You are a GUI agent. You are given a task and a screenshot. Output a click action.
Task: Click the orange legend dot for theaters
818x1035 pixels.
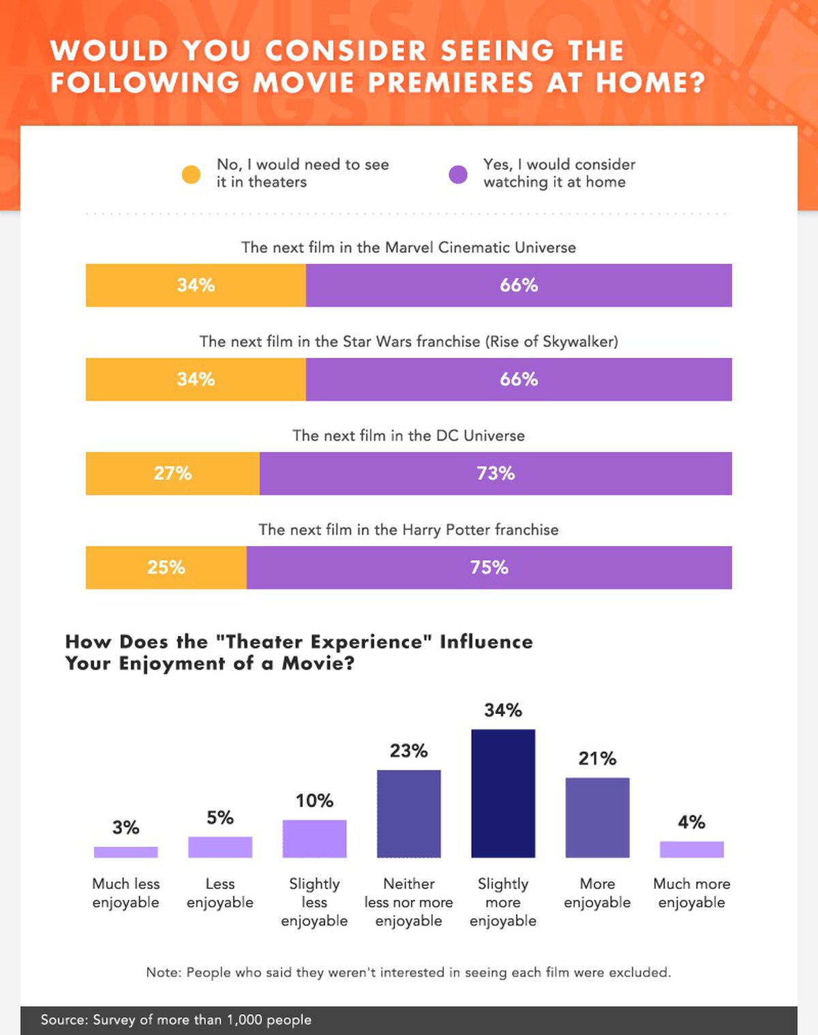click(192, 175)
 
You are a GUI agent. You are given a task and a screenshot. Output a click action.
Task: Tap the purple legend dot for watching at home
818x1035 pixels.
click(458, 175)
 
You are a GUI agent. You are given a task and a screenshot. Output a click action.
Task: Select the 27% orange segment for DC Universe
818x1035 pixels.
click(172, 473)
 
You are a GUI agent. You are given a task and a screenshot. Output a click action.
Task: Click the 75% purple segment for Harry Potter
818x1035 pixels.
click(489, 567)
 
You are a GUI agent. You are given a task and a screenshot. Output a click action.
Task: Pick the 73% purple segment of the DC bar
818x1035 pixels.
click(496, 473)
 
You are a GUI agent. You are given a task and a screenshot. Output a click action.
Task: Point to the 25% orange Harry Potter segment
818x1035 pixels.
click(166, 567)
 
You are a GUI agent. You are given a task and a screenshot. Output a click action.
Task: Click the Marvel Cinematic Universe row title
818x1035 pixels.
click(408, 247)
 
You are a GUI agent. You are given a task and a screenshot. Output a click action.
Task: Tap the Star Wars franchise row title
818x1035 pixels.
click(408, 342)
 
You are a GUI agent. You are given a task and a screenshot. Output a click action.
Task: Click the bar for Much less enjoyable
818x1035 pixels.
click(126, 852)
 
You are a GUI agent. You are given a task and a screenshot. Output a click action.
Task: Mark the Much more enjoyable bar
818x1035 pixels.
click(692, 849)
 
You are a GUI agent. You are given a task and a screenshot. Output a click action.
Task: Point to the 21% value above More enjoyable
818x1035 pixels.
click(597, 758)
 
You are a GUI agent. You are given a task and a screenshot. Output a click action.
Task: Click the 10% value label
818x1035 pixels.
click(314, 800)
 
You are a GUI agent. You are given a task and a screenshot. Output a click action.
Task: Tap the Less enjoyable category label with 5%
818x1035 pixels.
click(220, 893)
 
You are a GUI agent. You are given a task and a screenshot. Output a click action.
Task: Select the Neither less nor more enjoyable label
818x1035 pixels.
click(409, 902)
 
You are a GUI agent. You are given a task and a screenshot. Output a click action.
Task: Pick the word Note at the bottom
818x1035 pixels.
click(162, 972)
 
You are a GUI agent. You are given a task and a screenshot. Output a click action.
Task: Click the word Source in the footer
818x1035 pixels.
click(63, 1020)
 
